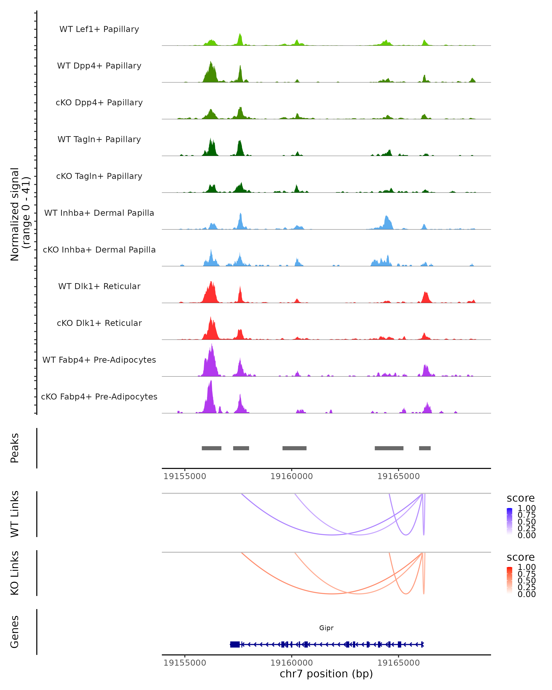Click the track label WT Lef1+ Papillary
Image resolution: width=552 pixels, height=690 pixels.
(x=99, y=29)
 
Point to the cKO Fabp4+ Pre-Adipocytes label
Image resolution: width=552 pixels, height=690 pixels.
(x=99, y=397)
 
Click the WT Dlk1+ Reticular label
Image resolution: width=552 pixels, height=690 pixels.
(x=99, y=286)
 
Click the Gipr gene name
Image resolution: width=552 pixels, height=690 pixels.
(x=326, y=628)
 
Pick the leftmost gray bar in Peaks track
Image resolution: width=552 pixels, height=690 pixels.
(x=212, y=448)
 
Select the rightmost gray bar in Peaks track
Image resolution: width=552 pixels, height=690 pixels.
(x=425, y=448)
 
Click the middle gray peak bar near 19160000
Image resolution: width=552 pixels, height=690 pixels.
(x=294, y=448)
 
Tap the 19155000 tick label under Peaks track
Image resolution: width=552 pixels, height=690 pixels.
(x=185, y=476)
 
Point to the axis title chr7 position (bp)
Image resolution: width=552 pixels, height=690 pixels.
(x=326, y=674)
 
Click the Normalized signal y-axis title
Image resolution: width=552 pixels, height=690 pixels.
(x=20, y=214)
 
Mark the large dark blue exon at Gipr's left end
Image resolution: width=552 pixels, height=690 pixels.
(x=235, y=644)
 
